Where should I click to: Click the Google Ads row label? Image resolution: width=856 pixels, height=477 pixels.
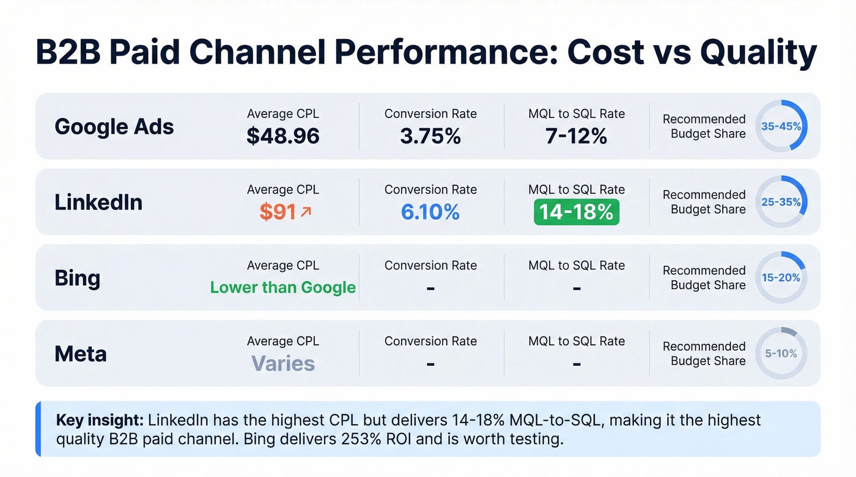pyautogui.click(x=114, y=127)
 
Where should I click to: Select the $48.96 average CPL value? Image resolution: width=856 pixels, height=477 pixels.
pyautogui.click(x=283, y=136)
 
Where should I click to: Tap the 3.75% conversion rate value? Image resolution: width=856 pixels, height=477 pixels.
pyautogui.click(x=430, y=136)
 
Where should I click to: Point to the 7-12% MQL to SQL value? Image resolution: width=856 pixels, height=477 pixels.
pyautogui.click(x=577, y=136)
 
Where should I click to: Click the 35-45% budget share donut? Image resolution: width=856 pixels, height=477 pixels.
pyautogui.click(x=781, y=126)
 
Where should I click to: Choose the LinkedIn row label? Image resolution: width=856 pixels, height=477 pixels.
pyautogui.click(x=98, y=202)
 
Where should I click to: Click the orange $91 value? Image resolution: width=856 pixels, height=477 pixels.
pyautogui.click(x=278, y=212)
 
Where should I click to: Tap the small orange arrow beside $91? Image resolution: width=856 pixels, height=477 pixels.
pyautogui.click(x=306, y=211)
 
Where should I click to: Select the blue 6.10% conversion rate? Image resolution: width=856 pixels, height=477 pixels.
pyautogui.click(x=430, y=212)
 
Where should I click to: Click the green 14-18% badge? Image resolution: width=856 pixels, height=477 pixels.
pyautogui.click(x=577, y=212)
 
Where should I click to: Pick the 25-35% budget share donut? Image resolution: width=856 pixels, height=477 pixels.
pyautogui.click(x=781, y=202)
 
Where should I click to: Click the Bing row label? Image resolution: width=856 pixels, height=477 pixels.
pyautogui.click(x=77, y=278)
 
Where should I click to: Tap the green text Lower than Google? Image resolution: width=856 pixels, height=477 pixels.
pyautogui.click(x=283, y=287)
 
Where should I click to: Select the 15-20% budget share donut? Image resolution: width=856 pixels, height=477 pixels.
pyautogui.click(x=781, y=278)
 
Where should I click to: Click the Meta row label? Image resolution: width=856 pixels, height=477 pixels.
pyautogui.click(x=81, y=354)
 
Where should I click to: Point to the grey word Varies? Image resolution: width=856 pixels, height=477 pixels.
pyautogui.click(x=283, y=363)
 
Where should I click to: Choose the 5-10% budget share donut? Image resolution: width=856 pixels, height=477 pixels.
pyautogui.click(x=781, y=354)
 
